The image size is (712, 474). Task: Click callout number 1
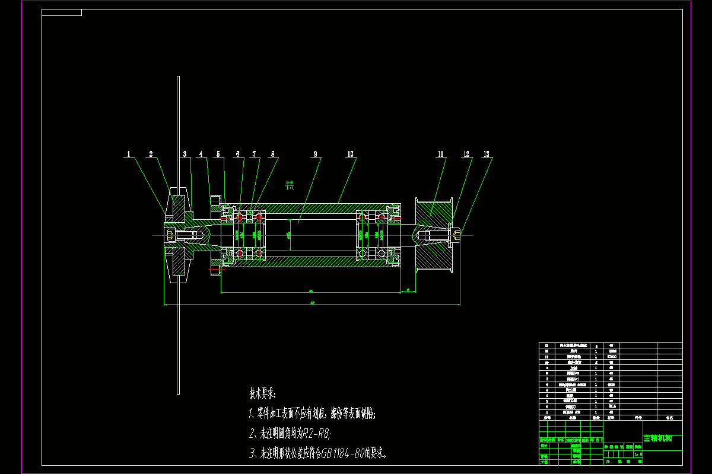[x=128, y=154]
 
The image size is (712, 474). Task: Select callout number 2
[x=151, y=154]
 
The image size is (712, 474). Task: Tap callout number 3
[x=185, y=154]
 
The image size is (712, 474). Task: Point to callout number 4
[x=201, y=154]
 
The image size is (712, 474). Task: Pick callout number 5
[x=218, y=154]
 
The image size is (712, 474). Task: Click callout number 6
[x=239, y=154]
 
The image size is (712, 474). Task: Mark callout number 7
[x=255, y=154]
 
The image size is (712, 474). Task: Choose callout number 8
[x=274, y=154]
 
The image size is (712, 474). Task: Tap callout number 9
[x=316, y=154]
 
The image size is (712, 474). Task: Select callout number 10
[x=350, y=154]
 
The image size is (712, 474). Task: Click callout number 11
[x=441, y=154]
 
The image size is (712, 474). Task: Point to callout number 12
[x=467, y=154]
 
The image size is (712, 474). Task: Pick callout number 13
[x=487, y=154]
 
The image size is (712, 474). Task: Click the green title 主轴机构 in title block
[x=657, y=439]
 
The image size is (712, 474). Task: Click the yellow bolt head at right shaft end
[x=456, y=235]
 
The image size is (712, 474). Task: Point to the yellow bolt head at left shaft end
[x=170, y=236]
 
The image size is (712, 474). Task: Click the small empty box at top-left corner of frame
[x=62, y=12]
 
